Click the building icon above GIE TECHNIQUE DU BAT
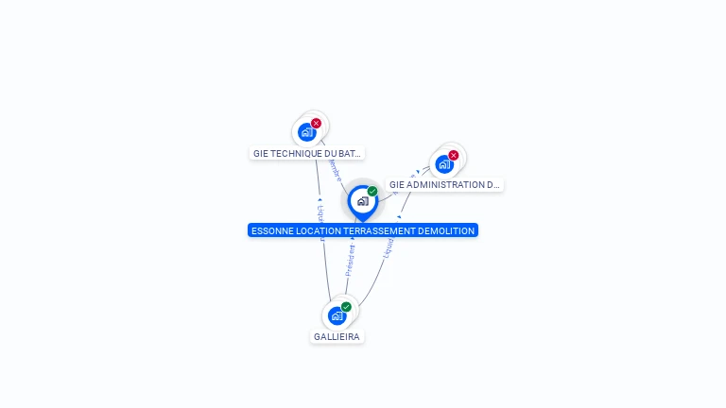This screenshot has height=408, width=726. click(x=306, y=132)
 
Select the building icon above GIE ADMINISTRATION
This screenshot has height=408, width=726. click(x=443, y=163)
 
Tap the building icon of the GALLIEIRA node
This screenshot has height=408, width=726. click(x=337, y=315)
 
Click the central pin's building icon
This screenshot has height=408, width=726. click(x=362, y=200)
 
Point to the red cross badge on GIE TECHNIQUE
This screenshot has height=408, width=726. click(x=316, y=124)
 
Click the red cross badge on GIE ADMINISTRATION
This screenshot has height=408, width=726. click(x=453, y=155)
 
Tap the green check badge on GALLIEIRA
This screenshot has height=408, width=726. click(x=346, y=307)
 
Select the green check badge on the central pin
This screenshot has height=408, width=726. click(x=372, y=192)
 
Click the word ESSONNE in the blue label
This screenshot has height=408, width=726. click(x=273, y=230)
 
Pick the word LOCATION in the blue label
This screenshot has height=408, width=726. click(x=319, y=230)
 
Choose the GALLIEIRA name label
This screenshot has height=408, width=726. click(x=337, y=337)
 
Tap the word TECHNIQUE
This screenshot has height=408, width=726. click(x=294, y=153)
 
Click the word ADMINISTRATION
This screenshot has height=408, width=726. click(x=450, y=185)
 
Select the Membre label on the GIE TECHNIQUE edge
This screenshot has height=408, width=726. click(x=334, y=170)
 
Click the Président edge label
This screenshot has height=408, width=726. click(x=350, y=259)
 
